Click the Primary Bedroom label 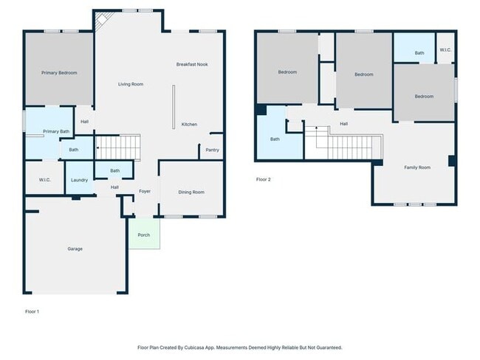click(x=59, y=73)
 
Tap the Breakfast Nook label click(x=192, y=64)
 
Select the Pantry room click(x=211, y=147)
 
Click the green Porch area click(x=144, y=233)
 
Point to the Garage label click(x=75, y=249)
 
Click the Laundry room click(x=79, y=178)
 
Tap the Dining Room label click(x=191, y=192)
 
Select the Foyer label click(x=145, y=191)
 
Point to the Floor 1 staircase click(x=118, y=148)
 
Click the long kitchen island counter click(x=174, y=107)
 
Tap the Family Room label click(x=417, y=167)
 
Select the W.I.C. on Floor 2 click(x=445, y=48)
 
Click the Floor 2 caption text click(x=264, y=179)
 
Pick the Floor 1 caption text click(x=32, y=311)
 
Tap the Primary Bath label click(x=56, y=131)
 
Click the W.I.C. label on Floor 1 click(x=45, y=180)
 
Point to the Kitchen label click(x=189, y=124)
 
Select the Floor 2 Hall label click(x=343, y=124)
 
